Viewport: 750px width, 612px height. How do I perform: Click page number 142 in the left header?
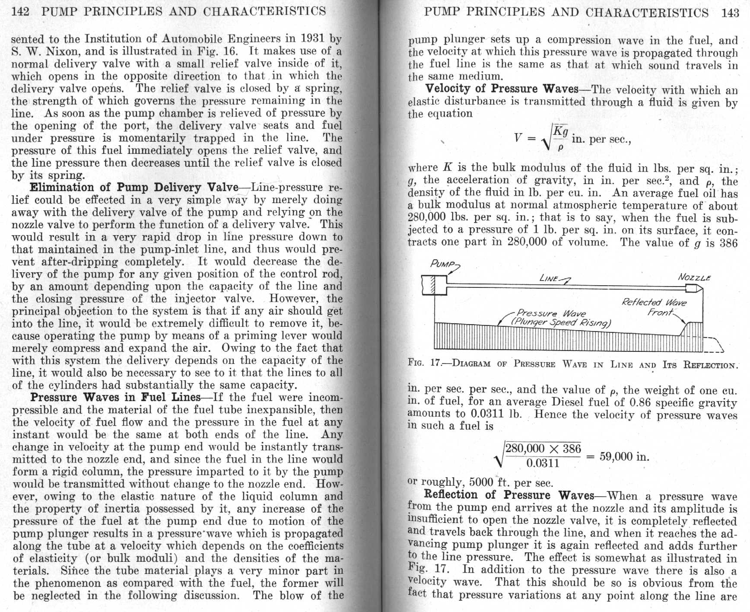[x=20, y=10]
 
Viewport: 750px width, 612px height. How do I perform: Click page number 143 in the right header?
[x=730, y=13]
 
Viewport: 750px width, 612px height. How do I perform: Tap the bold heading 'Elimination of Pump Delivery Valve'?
[x=134, y=188]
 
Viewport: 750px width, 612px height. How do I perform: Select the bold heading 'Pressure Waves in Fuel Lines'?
[x=115, y=397]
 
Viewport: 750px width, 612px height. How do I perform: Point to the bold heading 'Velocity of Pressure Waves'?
[x=502, y=89]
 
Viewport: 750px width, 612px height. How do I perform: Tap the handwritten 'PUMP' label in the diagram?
[x=442, y=264]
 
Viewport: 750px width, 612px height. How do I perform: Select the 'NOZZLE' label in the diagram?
[x=694, y=277]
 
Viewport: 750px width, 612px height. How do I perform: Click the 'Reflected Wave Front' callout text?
[x=654, y=307]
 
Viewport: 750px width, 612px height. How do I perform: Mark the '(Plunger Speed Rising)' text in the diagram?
[x=560, y=322]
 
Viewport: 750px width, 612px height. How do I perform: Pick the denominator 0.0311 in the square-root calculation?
[x=543, y=464]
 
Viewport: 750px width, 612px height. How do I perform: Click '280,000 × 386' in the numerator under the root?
[x=543, y=448]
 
